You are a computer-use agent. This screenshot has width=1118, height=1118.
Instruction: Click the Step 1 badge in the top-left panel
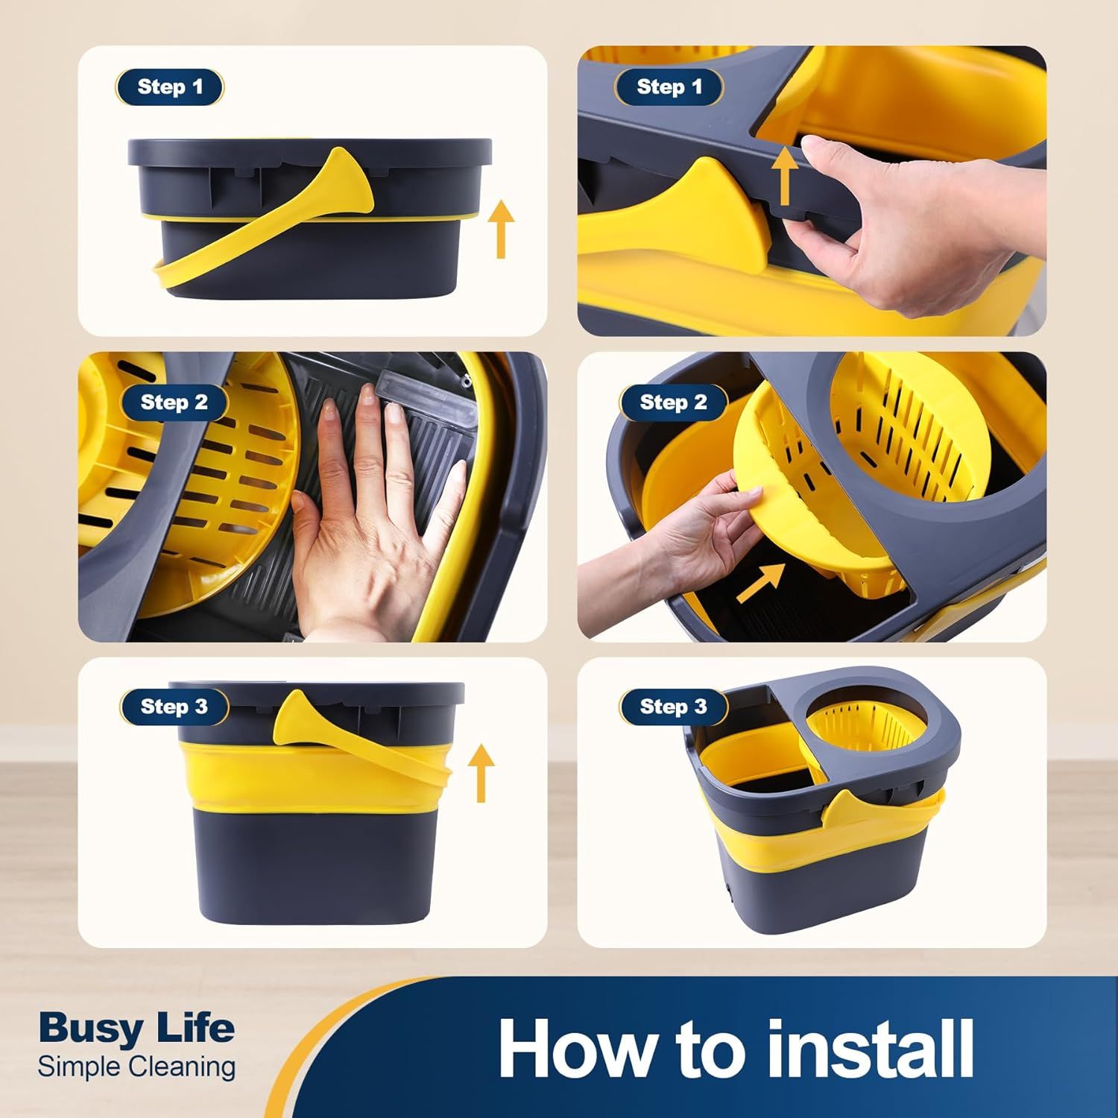170,87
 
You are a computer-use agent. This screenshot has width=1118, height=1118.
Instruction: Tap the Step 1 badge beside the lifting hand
669,87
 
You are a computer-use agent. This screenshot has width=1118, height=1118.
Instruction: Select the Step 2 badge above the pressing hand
174,402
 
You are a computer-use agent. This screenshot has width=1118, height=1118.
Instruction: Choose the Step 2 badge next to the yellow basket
673,402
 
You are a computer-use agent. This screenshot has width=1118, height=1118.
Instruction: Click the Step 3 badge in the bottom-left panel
174,707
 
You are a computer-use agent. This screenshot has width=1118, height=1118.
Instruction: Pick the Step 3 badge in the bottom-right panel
673,707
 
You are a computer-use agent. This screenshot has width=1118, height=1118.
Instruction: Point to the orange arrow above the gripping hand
783,176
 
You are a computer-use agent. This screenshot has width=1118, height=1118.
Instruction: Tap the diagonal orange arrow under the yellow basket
761,582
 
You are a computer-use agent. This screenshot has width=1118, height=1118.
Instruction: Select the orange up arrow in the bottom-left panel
482,774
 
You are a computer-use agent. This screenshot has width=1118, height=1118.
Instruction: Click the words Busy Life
136,1029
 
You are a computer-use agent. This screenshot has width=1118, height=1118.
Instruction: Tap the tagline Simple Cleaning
136,1067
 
